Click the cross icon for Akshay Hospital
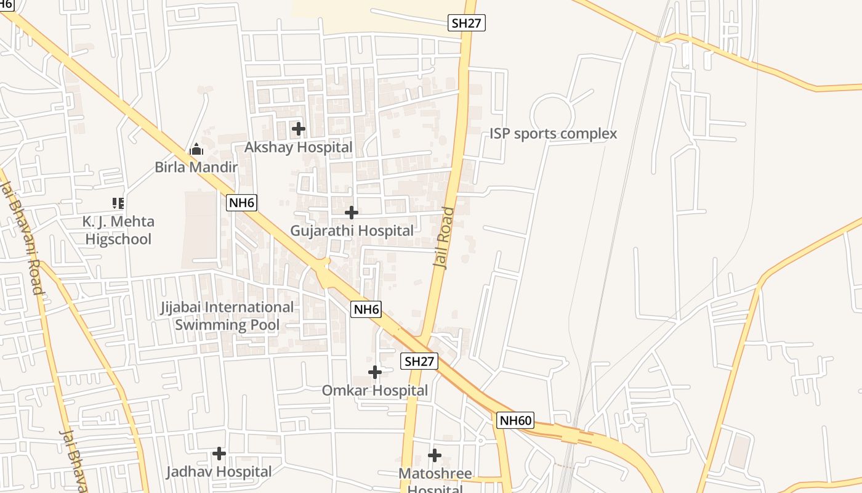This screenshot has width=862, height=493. coord(299,129)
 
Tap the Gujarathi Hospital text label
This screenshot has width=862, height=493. coord(352,230)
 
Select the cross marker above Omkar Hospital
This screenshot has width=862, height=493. coord(375,372)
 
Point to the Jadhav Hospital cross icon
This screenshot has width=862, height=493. coord(219,454)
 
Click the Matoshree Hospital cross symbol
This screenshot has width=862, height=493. coord(435,455)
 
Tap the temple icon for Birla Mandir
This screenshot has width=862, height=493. coord(196,149)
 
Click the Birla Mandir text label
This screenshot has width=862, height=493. coord(196,167)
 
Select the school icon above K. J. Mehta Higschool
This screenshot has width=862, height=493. coord(118,203)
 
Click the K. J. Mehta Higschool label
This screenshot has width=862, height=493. coord(118,230)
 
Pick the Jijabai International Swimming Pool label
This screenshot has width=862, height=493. coord(227,316)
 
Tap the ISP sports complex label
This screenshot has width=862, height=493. coord(553,134)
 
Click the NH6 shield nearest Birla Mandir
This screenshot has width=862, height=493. coord(241,203)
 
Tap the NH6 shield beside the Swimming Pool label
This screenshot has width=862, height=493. coord(366,309)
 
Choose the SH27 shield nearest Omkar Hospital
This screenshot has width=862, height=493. coord(419,361)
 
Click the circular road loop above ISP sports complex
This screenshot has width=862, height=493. coord(553,115)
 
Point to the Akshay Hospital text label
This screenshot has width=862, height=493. coord(299,147)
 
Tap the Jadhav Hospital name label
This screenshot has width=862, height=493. coord(219,472)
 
